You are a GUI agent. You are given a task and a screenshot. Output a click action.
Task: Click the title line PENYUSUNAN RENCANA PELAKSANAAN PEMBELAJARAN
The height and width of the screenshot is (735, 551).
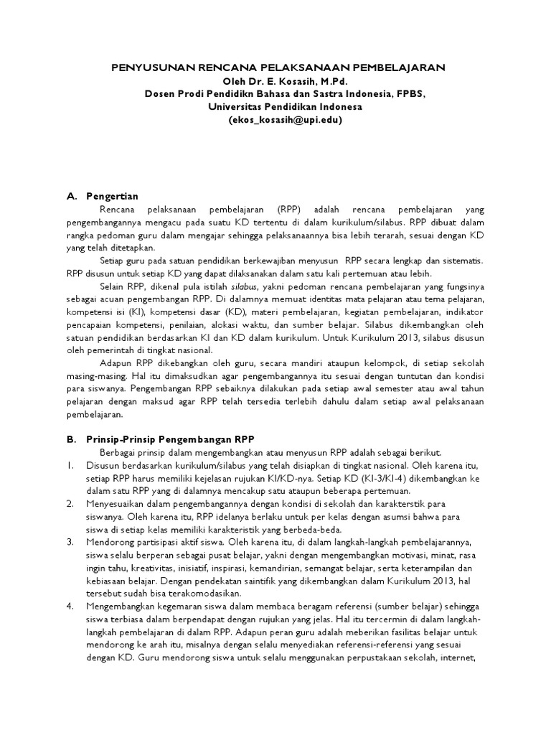277,67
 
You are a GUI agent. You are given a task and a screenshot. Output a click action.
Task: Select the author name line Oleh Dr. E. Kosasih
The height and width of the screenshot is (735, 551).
277,80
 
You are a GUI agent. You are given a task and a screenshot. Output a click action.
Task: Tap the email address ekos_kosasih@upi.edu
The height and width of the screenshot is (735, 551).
277,120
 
